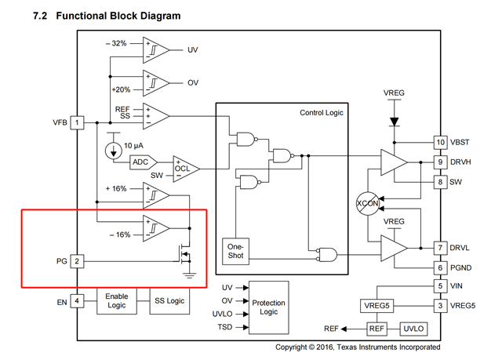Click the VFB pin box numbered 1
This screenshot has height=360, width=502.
pos(77,123)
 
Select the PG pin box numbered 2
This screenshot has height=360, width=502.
pos(77,260)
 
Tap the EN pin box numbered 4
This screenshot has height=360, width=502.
pos(77,300)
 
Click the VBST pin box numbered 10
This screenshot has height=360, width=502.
pos(441,142)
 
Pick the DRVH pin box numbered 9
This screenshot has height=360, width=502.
pos(441,162)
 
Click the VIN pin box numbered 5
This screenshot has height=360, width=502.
pos(441,287)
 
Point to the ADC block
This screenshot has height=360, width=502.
pos(141,162)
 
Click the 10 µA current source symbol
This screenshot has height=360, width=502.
pos(111,147)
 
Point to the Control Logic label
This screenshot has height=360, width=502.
pos(322,113)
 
